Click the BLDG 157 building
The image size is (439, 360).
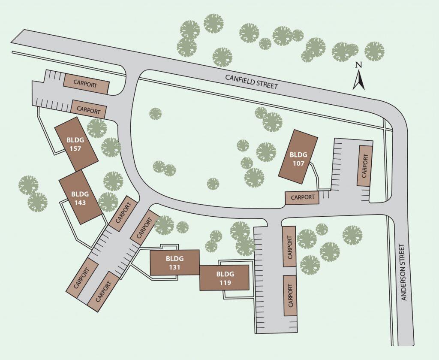(76, 144)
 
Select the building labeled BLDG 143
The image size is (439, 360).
(80, 197)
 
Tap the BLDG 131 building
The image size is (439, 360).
(174, 263)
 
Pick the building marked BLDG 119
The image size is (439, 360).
(224, 278)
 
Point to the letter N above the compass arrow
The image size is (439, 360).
(359, 65)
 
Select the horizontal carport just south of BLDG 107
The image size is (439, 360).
(302, 197)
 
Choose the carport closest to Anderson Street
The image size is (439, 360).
(364, 166)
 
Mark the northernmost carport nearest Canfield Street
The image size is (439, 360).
(86, 84)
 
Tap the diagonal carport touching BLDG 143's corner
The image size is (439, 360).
(123, 212)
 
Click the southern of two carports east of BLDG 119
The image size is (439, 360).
(290, 295)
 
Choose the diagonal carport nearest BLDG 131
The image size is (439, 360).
(144, 225)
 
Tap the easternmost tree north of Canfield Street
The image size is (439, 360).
(374, 51)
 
